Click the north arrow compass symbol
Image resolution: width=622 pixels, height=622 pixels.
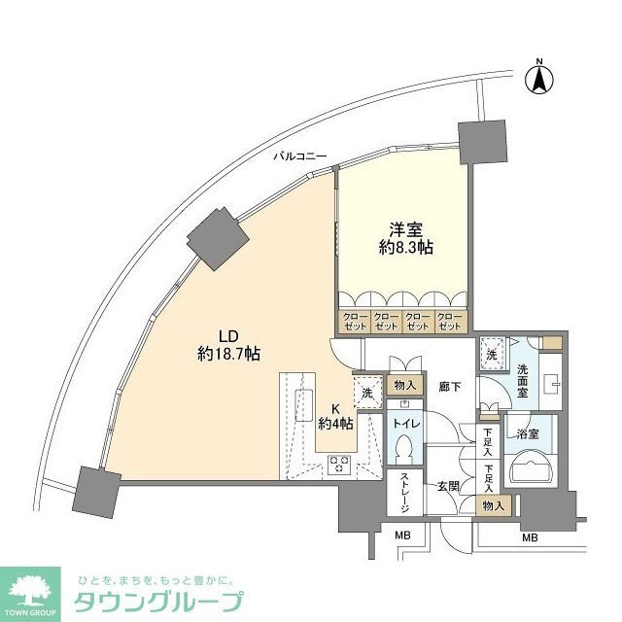point(537,78)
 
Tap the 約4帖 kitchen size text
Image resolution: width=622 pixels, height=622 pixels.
point(335,423)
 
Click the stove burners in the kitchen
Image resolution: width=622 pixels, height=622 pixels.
point(340,464)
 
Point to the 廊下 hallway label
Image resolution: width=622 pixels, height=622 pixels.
point(448,385)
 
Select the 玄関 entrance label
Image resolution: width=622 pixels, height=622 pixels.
point(448,486)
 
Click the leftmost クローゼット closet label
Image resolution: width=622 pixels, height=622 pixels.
point(352,322)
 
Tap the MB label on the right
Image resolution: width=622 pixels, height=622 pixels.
point(530,537)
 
